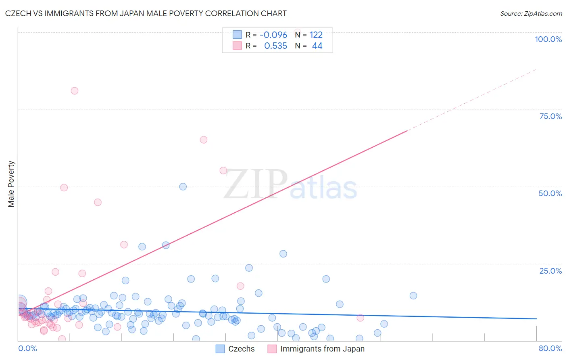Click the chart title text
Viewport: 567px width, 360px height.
(x=146, y=13)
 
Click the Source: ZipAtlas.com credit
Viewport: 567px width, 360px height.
(x=531, y=13)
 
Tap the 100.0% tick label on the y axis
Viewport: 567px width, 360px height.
(x=548, y=39)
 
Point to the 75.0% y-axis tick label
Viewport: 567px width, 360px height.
(x=550, y=116)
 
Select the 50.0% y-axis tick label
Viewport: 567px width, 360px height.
(x=550, y=193)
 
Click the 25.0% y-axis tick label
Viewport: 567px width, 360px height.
(x=550, y=271)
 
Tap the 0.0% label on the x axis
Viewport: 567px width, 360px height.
(x=27, y=348)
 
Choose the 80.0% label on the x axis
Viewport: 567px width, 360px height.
(x=550, y=348)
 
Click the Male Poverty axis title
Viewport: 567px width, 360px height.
(x=11, y=184)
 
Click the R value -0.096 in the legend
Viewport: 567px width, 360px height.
(x=273, y=35)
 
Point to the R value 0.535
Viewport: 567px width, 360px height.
(x=275, y=46)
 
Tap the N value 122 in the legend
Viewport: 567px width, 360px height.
(x=316, y=35)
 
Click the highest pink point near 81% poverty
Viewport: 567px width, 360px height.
(x=75, y=91)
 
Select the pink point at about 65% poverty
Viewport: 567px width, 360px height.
(x=204, y=140)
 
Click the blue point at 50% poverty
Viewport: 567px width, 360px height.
(x=183, y=186)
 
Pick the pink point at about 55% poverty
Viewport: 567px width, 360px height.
(x=223, y=171)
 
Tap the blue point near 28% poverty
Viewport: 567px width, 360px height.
(x=283, y=254)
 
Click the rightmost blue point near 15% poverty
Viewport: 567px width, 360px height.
(x=413, y=295)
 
